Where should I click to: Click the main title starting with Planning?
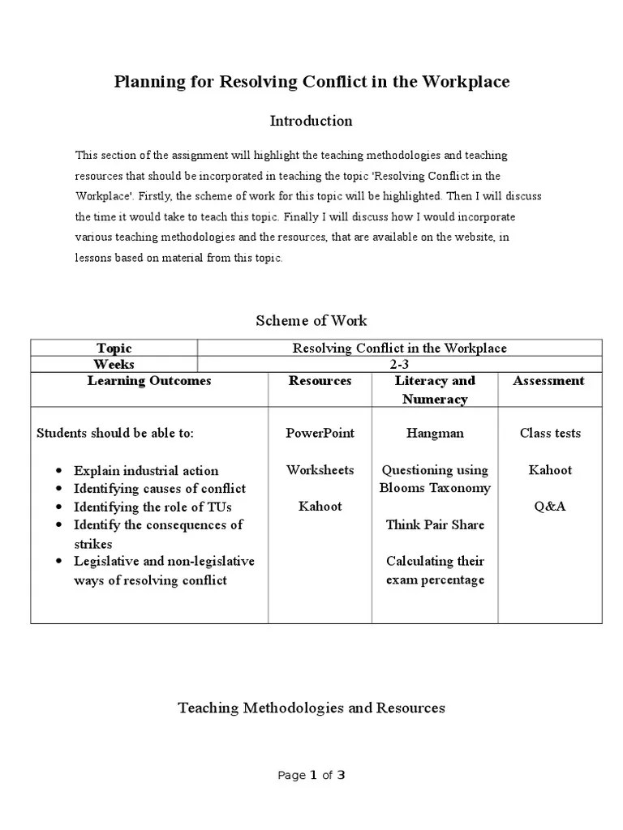(311, 82)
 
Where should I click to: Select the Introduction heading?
(311, 121)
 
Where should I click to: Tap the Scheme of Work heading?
(311, 321)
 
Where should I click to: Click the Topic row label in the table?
(114, 348)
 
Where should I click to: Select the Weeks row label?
(114, 364)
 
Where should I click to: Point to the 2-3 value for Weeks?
(399, 364)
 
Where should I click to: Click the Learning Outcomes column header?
(149, 381)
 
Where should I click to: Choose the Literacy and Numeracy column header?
(435, 390)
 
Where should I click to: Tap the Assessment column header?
(549, 381)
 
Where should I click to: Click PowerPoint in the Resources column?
(320, 433)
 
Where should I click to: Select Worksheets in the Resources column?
(320, 470)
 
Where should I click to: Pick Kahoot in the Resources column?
(320, 507)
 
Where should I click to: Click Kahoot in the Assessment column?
(549, 470)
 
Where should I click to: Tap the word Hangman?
(435, 433)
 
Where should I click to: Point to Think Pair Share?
(435, 524)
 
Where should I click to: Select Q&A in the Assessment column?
(549, 507)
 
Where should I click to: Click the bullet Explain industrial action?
(146, 471)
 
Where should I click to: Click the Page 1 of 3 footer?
(311, 775)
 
